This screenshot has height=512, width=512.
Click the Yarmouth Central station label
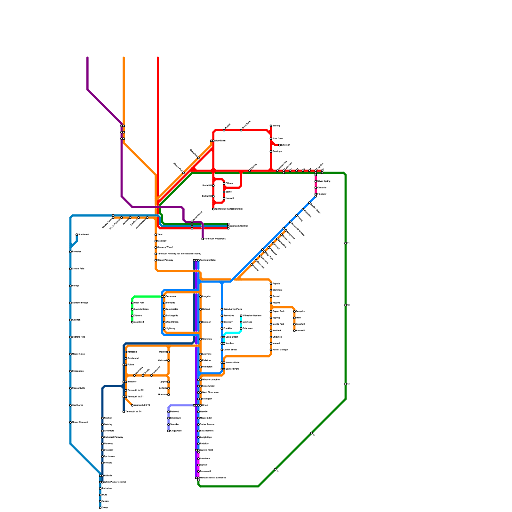point(239,226)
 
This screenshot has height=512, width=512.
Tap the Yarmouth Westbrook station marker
point(203,239)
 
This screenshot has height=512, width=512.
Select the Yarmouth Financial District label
point(229,209)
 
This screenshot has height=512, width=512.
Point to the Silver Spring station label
point(324,181)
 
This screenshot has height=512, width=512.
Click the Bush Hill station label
point(207,186)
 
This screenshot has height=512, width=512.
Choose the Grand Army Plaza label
point(232,309)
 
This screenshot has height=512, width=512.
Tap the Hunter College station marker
point(271,350)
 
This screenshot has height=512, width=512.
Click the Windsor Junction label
point(211,380)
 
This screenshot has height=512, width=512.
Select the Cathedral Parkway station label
point(114,437)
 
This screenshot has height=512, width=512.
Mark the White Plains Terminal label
point(115,482)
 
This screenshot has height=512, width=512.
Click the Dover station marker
point(100,508)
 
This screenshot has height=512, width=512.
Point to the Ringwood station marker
point(168,431)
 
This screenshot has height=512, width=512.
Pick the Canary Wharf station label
point(165,247)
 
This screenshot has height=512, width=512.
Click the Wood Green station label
point(172,322)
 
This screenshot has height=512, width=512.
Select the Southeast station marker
point(77,235)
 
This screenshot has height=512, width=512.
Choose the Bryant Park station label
point(278,311)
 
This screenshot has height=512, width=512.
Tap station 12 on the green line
point(346,305)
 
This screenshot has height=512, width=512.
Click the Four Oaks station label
point(278,139)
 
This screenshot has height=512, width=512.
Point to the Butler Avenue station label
point(207,425)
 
